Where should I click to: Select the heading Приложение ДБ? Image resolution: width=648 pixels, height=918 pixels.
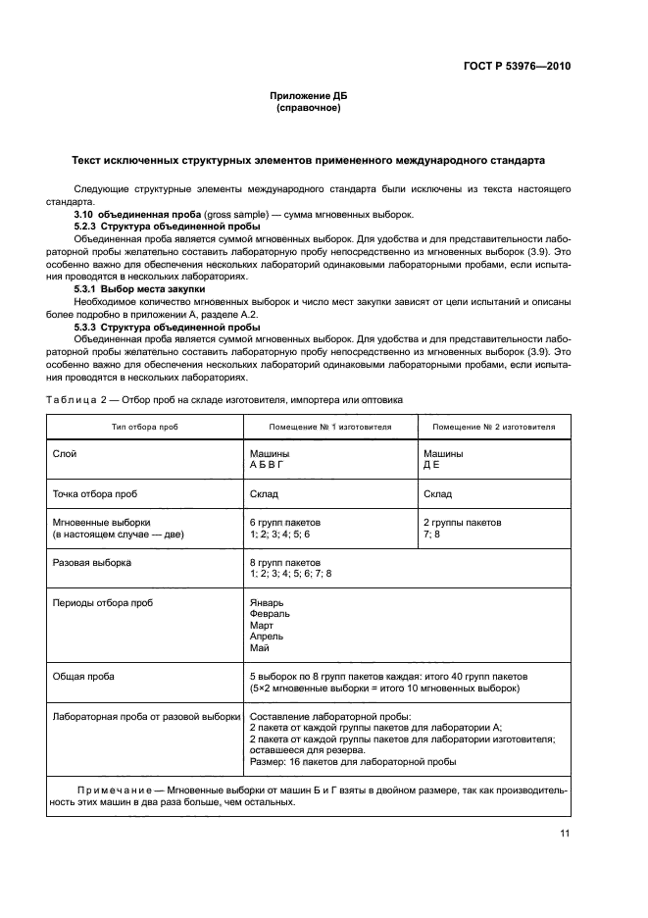(x=309, y=96)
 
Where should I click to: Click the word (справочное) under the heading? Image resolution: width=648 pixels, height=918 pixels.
(x=309, y=108)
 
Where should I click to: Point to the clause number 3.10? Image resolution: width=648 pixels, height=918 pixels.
(x=84, y=214)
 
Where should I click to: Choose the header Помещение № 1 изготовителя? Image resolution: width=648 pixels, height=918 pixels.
(x=330, y=428)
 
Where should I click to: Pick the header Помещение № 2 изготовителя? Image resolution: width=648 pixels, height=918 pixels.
(x=494, y=428)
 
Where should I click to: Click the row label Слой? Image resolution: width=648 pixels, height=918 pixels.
(x=64, y=454)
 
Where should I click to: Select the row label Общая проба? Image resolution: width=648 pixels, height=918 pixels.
(x=83, y=677)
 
